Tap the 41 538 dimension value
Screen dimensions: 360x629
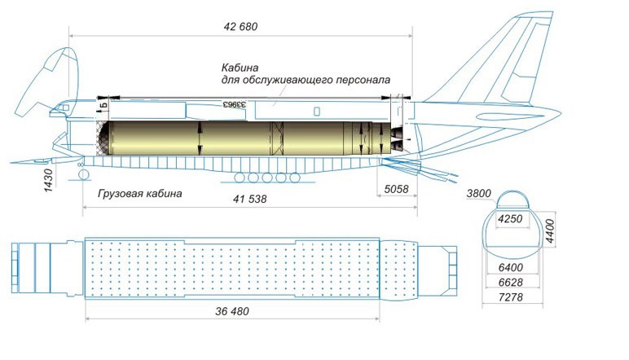point(249,199)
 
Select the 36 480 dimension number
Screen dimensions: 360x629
point(232,311)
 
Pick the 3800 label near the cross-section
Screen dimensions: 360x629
point(479,195)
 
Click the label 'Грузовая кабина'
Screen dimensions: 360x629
point(139,194)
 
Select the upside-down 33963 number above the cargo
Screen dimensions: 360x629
point(235,105)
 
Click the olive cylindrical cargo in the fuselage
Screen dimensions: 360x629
point(236,138)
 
